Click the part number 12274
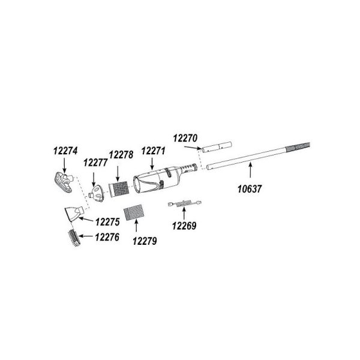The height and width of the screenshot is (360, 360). pos(65,151)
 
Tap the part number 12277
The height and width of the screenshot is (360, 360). pos(95,163)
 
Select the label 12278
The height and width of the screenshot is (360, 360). pos(121,155)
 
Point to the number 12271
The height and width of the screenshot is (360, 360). pos(153,151)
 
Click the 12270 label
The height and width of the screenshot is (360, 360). pos(185,139)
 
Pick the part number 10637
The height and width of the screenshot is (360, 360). pos(250,189)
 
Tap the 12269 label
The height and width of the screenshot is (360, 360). pos(184,226)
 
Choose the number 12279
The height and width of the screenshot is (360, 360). pos(145,241)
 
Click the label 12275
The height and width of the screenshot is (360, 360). pos(107,222)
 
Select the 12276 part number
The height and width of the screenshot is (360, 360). pos(107,237)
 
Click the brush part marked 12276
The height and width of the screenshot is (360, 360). pos(74,238)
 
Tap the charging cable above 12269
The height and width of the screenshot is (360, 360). pos(185,203)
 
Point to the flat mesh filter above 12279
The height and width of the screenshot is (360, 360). pos(134,212)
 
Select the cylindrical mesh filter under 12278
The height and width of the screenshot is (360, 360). pos(118,189)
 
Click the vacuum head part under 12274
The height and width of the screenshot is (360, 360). pos(64,182)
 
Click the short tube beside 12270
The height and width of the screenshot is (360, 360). pos(217,147)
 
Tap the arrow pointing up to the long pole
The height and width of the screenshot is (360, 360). pos(250,170)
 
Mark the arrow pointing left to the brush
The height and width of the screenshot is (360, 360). pos(86,236)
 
